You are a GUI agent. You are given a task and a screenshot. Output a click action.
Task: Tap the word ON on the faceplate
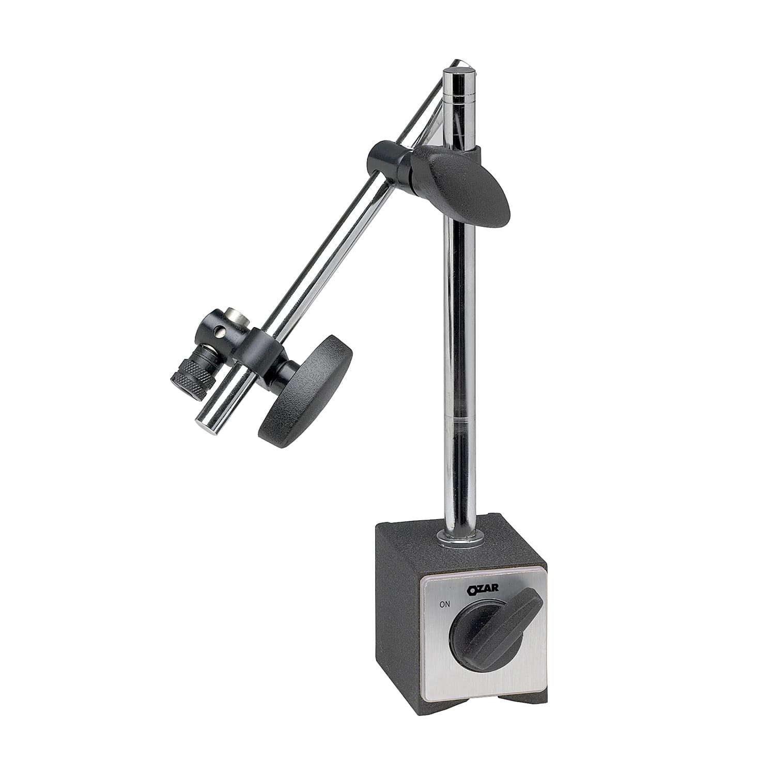pos(444,603)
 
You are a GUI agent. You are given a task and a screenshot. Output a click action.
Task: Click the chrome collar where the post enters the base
pos(460,539)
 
